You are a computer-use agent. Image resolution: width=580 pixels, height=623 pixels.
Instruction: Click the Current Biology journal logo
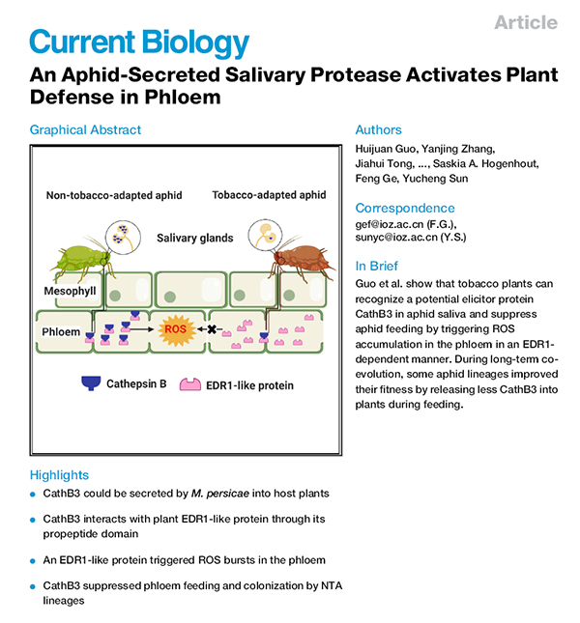coord(139,42)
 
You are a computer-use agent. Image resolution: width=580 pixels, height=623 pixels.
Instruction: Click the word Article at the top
coord(526,22)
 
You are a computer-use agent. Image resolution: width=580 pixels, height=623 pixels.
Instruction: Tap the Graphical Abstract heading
coord(85,129)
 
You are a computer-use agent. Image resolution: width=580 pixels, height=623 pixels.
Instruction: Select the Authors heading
coord(379,129)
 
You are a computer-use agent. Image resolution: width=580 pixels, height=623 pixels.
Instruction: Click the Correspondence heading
coord(406,208)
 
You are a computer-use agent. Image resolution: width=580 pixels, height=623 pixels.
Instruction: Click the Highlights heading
coord(59,475)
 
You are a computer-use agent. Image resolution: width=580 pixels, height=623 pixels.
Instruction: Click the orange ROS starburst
coord(176,330)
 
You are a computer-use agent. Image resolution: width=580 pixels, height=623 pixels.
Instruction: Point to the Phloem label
coord(60,331)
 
